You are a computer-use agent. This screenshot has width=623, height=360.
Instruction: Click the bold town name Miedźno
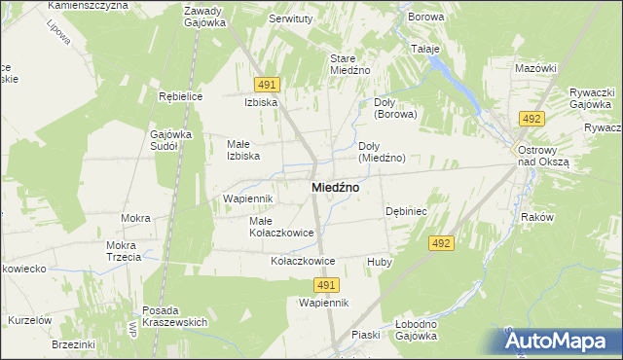click(x=333, y=187)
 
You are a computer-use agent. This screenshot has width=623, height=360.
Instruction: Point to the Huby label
click(x=379, y=262)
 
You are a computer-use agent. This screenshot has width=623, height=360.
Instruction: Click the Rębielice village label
click(x=179, y=96)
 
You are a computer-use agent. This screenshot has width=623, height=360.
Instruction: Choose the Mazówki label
click(x=535, y=68)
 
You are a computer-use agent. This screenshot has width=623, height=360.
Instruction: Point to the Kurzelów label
click(x=29, y=320)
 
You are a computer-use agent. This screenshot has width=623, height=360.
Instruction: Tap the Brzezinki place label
click(x=73, y=344)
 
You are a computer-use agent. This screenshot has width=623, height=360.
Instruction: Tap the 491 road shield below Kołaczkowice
click(x=326, y=284)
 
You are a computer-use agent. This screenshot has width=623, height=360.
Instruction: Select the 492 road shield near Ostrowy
click(x=531, y=119)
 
